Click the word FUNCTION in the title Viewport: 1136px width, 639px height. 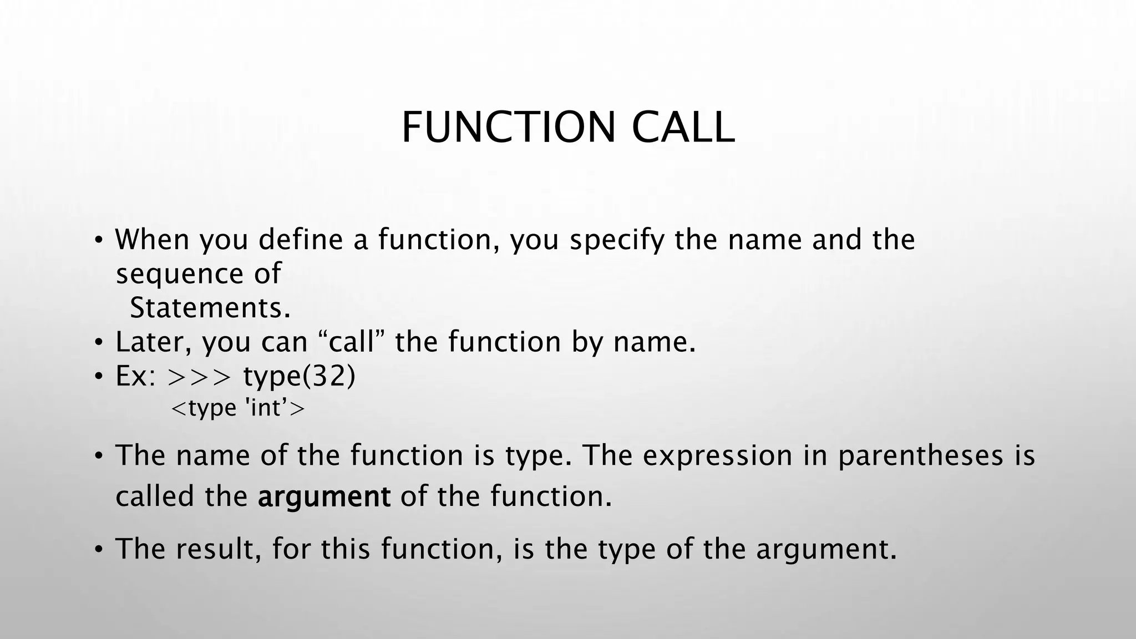(x=508, y=128)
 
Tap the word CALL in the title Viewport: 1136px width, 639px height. (x=683, y=128)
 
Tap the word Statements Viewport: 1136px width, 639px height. (x=210, y=308)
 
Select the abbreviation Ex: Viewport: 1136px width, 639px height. (x=135, y=376)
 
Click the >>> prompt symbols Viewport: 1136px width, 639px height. (x=199, y=377)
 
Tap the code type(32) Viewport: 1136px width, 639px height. (x=299, y=377)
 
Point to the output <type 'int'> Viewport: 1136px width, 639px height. (x=238, y=408)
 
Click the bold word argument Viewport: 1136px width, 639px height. (x=324, y=496)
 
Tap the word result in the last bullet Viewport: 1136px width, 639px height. (x=219, y=549)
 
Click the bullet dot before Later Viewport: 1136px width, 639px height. (x=98, y=343)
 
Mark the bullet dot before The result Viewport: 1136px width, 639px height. (x=98, y=550)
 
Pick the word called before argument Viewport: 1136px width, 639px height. (x=155, y=496)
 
